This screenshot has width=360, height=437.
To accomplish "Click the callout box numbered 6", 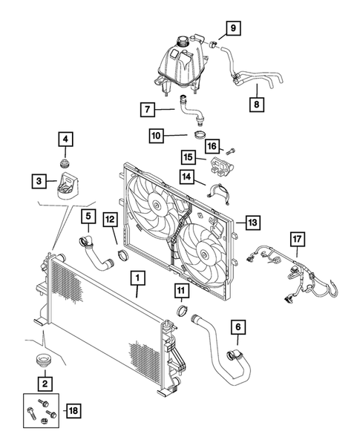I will click(238, 327).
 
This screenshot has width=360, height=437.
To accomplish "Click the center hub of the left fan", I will click(157, 201).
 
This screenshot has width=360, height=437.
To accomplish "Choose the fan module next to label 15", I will click(221, 165).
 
